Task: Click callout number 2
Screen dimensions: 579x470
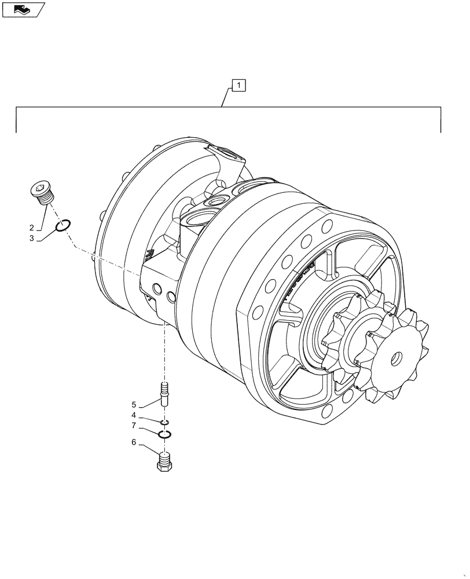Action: coord(32,228)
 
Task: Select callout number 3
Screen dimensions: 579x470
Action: coord(32,238)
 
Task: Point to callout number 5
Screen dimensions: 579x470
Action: coord(133,404)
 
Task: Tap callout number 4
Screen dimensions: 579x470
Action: coord(133,415)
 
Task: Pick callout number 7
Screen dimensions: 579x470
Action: coord(133,425)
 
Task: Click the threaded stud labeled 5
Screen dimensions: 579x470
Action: coord(165,393)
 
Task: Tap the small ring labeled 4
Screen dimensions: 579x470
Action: coord(165,422)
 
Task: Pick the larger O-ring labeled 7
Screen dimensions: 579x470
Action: coord(165,434)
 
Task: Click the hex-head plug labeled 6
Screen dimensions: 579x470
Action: coord(165,462)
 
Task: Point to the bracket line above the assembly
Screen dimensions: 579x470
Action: coord(229,108)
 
